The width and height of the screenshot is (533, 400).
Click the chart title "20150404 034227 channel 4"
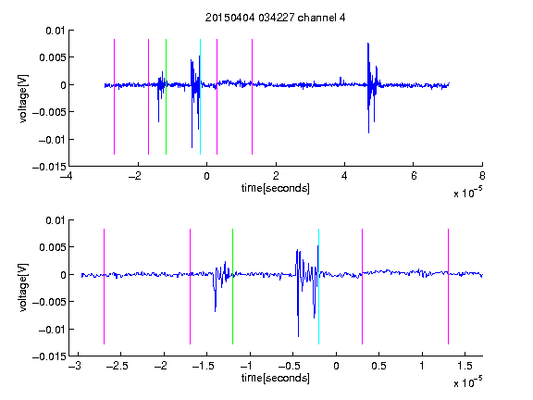click(x=275, y=18)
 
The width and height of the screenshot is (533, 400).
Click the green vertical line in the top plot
click(x=166, y=96)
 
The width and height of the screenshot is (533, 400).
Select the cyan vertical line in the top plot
click(x=200, y=96)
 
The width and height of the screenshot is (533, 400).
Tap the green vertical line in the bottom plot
click(x=232, y=286)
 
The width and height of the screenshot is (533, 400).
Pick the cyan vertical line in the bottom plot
click(x=318, y=286)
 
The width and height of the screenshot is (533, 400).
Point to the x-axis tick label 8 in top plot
click(x=482, y=176)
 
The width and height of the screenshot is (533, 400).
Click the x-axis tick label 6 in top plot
click(x=414, y=176)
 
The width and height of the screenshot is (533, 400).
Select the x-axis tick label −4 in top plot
click(x=67, y=176)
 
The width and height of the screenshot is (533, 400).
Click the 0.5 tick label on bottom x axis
click(x=378, y=366)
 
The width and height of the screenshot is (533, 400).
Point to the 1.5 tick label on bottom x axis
click(x=465, y=366)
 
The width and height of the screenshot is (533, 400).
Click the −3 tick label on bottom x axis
click(x=75, y=366)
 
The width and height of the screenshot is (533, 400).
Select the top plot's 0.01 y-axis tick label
click(x=56, y=31)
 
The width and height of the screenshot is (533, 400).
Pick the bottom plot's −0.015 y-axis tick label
click(x=50, y=356)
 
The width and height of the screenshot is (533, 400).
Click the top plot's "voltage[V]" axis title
click(x=23, y=99)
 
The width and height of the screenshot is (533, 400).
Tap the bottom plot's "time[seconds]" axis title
click(x=276, y=378)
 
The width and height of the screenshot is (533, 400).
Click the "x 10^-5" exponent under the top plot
click(x=467, y=193)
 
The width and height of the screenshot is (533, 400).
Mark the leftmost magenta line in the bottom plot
click(x=104, y=286)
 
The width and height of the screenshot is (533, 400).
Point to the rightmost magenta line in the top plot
click(x=252, y=96)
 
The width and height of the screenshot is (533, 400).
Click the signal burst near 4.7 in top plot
click(x=372, y=88)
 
